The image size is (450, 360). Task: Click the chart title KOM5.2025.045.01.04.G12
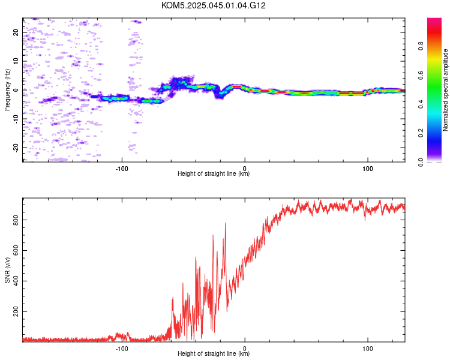[x=213, y=5]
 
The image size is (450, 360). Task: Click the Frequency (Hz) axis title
[x=7, y=90]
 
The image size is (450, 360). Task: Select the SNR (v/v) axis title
[x=7, y=270]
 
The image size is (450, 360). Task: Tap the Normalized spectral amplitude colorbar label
[x=445, y=90]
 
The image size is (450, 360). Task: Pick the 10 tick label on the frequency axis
[x=16, y=61]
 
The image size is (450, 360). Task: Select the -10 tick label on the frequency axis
[x=16, y=119]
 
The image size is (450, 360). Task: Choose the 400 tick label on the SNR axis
[x=16, y=281]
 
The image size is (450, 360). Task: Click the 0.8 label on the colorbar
[x=421, y=46]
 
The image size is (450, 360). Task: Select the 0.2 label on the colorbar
[x=421, y=133]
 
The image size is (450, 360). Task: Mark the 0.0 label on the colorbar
[x=421, y=162]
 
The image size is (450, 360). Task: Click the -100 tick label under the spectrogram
[x=122, y=169]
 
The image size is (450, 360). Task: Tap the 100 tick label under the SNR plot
[x=368, y=349]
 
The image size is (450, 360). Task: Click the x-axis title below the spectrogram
[x=214, y=173]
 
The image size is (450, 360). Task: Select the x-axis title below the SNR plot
[x=214, y=353]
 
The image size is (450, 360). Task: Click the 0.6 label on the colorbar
[x=421, y=75]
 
